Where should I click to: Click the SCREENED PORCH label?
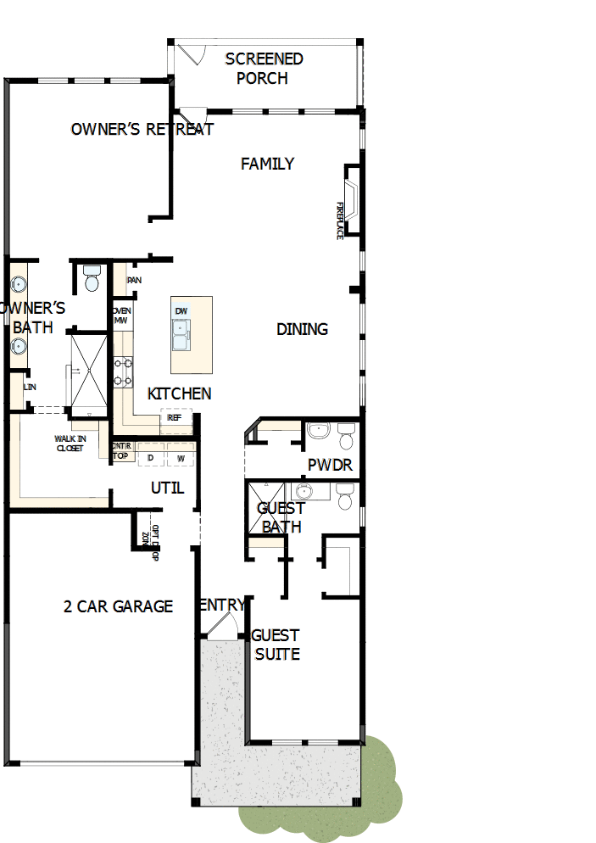263,69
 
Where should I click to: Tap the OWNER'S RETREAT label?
142,130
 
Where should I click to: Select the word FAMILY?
267,164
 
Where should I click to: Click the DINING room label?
302,329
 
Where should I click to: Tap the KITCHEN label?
179,394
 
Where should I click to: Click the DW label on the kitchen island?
181,311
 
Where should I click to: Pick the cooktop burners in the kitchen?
123,371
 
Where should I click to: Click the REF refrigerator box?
175,417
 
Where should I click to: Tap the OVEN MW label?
120,315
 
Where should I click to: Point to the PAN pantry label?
134,280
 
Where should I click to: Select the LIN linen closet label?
31,387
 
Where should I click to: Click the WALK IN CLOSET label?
70,443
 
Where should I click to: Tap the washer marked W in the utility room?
181,458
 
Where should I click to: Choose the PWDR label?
330,466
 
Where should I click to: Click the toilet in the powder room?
346,436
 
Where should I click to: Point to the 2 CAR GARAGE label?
118,606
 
